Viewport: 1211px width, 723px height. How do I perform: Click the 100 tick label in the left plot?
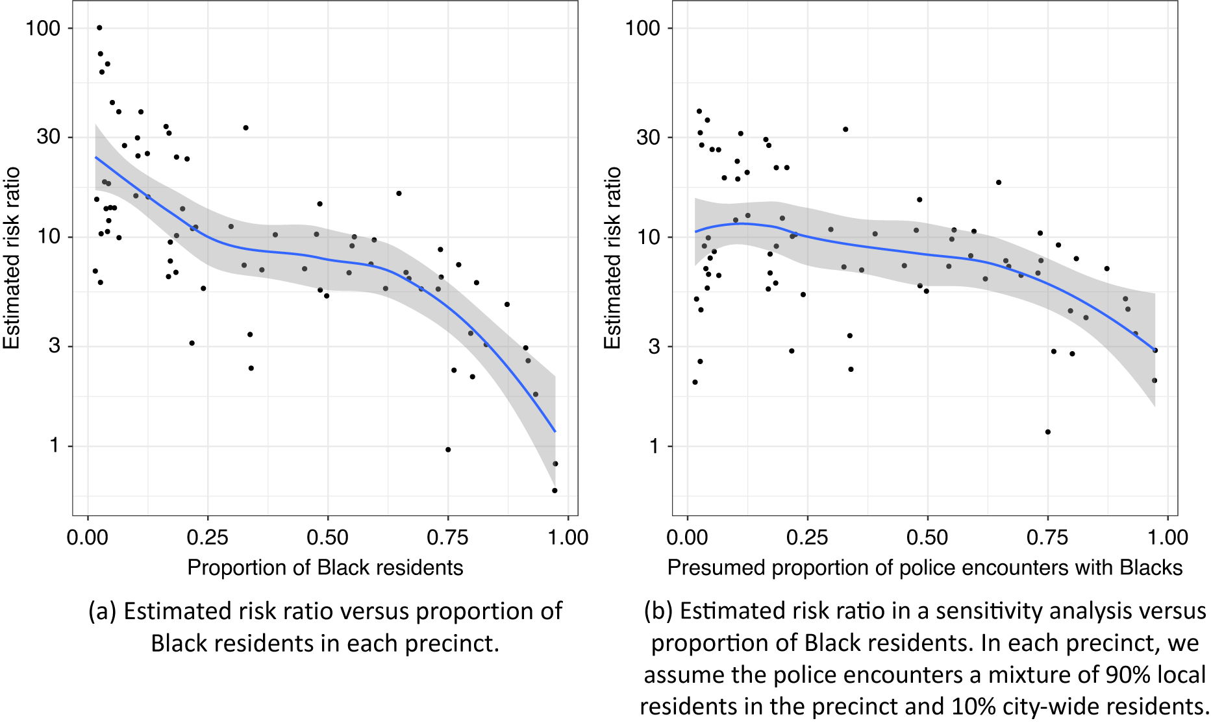pyautogui.click(x=42, y=28)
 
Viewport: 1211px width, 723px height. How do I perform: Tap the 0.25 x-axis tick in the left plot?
pyautogui.click(x=207, y=537)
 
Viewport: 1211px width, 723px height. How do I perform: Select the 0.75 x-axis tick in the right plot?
pyautogui.click(x=1047, y=537)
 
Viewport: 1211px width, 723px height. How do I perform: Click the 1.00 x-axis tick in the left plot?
pyautogui.click(x=568, y=537)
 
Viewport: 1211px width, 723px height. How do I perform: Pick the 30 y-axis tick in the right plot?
pyautogui.click(x=648, y=137)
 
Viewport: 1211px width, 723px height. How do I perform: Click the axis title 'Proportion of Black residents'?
pyautogui.click(x=325, y=567)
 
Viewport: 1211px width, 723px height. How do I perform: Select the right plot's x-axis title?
pyautogui.click(x=925, y=567)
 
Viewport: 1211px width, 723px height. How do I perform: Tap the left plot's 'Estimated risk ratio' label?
pyautogui.click(x=12, y=258)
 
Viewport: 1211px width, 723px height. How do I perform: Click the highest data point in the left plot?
pyautogui.click(x=99, y=28)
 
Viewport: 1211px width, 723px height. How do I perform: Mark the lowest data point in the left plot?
pyautogui.click(x=555, y=491)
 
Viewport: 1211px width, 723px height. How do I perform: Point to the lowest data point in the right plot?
pyautogui.click(x=1047, y=432)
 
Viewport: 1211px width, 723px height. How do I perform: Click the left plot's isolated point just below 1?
pyautogui.click(x=448, y=450)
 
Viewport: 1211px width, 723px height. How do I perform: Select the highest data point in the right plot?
pyautogui.click(x=699, y=111)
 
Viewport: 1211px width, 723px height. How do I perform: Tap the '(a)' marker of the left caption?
pyautogui.click(x=103, y=611)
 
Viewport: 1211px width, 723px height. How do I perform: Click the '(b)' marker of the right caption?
pyautogui.click(x=658, y=611)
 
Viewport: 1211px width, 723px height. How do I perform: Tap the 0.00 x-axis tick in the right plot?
pyautogui.click(x=688, y=537)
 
